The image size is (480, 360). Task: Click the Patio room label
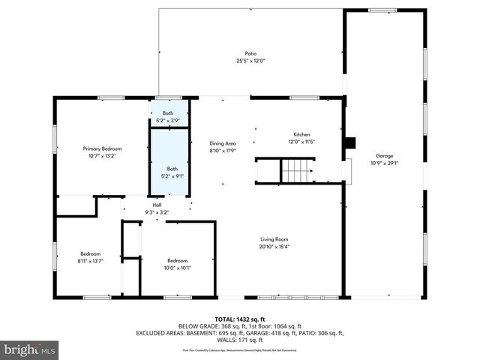tap(250, 54)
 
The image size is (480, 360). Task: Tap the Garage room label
tap(384, 155)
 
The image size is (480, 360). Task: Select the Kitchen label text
tap(301, 134)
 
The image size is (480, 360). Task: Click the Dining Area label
tap(223, 143)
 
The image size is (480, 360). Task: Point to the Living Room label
tap(274, 239)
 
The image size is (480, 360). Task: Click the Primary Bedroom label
tap(102, 149)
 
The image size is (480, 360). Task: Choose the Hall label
tap(157, 205)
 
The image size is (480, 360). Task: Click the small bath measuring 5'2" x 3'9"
tap(168, 113)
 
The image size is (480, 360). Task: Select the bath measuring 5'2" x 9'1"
tap(172, 169)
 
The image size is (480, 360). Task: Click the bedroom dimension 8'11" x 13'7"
tap(90, 261)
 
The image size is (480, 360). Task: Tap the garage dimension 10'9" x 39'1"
tap(384, 163)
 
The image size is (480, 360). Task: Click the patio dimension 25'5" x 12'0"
tap(250, 61)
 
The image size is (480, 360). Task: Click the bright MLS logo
tap(30, 349)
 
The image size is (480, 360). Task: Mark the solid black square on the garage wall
tap(348, 142)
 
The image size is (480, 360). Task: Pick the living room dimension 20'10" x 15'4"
tap(274, 247)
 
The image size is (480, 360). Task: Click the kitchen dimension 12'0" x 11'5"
tap(301, 141)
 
